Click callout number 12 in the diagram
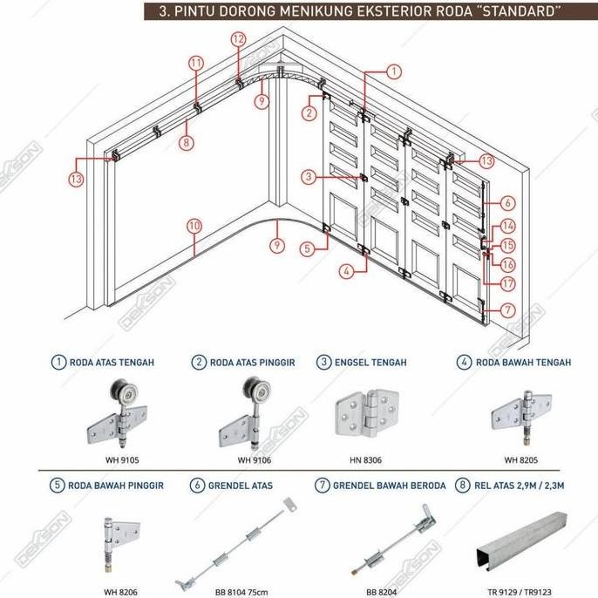(238, 39)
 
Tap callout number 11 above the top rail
(196, 64)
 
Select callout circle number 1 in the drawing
(394, 71)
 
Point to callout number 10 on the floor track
(194, 226)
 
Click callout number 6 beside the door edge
(507, 203)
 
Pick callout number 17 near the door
(507, 284)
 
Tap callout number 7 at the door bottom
(507, 310)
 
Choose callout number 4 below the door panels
(347, 271)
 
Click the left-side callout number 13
(76, 179)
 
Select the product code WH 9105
(122, 460)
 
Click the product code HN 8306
(365, 460)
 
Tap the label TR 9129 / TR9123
(520, 592)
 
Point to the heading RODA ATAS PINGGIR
(253, 363)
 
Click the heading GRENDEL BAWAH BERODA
(390, 486)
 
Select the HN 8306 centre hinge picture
(367, 413)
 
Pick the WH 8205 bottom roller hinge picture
(521, 418)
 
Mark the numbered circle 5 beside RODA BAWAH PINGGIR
(58, 485)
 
